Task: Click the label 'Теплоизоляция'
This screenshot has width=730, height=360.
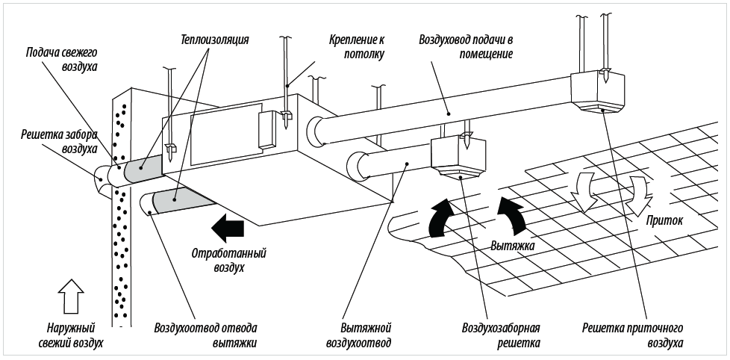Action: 214,39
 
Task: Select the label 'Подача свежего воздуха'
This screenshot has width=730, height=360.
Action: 62,60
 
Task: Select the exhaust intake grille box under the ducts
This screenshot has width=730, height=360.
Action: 458,156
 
